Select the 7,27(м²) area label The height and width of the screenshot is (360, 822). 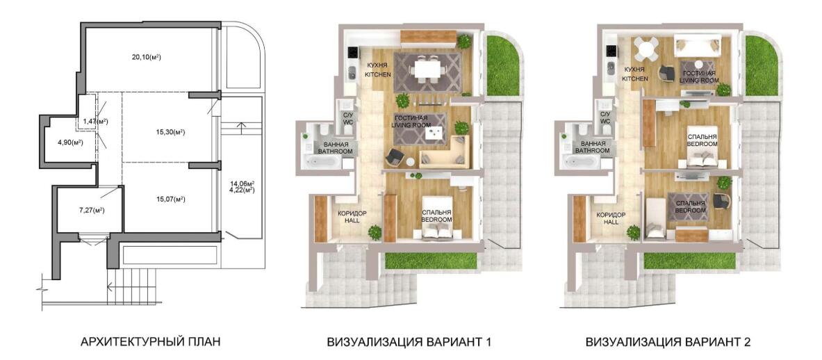pos(90,211)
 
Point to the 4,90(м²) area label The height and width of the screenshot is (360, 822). pos(69,142)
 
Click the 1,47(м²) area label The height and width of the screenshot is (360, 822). pos(95,122)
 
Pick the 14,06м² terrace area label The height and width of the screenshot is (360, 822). pos(242,183)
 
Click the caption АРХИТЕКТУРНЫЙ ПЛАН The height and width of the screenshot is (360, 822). pos(150,343)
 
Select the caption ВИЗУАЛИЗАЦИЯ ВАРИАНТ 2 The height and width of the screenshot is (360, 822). pos(668,343)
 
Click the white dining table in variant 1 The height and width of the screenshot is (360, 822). pos(427,69)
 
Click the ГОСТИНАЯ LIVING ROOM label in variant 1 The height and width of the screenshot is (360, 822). pos(411,122)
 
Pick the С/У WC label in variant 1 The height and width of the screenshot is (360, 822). pos(347,118)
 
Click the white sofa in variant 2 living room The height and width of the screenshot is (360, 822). pos(697,46)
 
